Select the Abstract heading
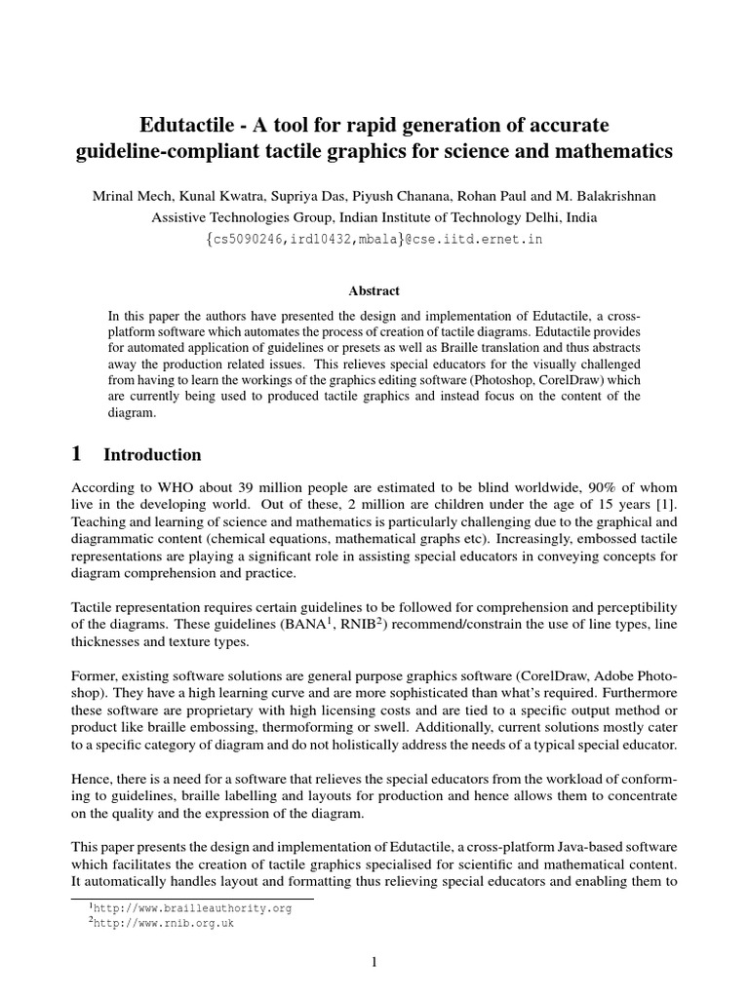coord(374,290)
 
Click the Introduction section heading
coord(152,455)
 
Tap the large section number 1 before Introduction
coord(79,454)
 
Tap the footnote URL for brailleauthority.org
coord(191,907)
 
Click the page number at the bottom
coord(374,963)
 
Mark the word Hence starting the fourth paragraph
coord(93,781)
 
